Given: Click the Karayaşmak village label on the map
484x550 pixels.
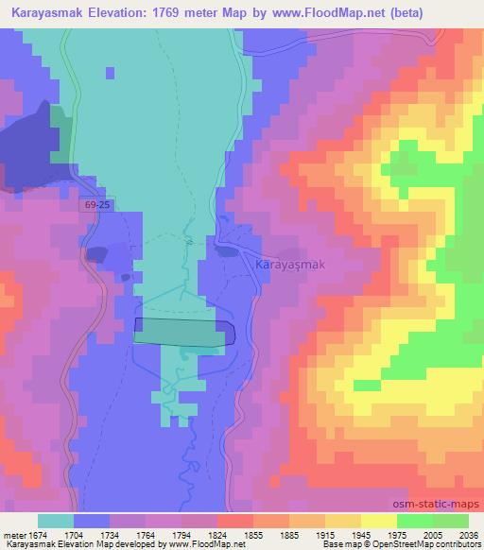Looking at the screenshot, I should point(290,266).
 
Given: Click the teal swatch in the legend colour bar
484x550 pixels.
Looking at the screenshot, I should point(55,521).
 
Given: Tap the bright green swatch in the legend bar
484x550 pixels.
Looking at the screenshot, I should point(414,521).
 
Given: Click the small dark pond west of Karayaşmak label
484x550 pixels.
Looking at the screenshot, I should point(228,250).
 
